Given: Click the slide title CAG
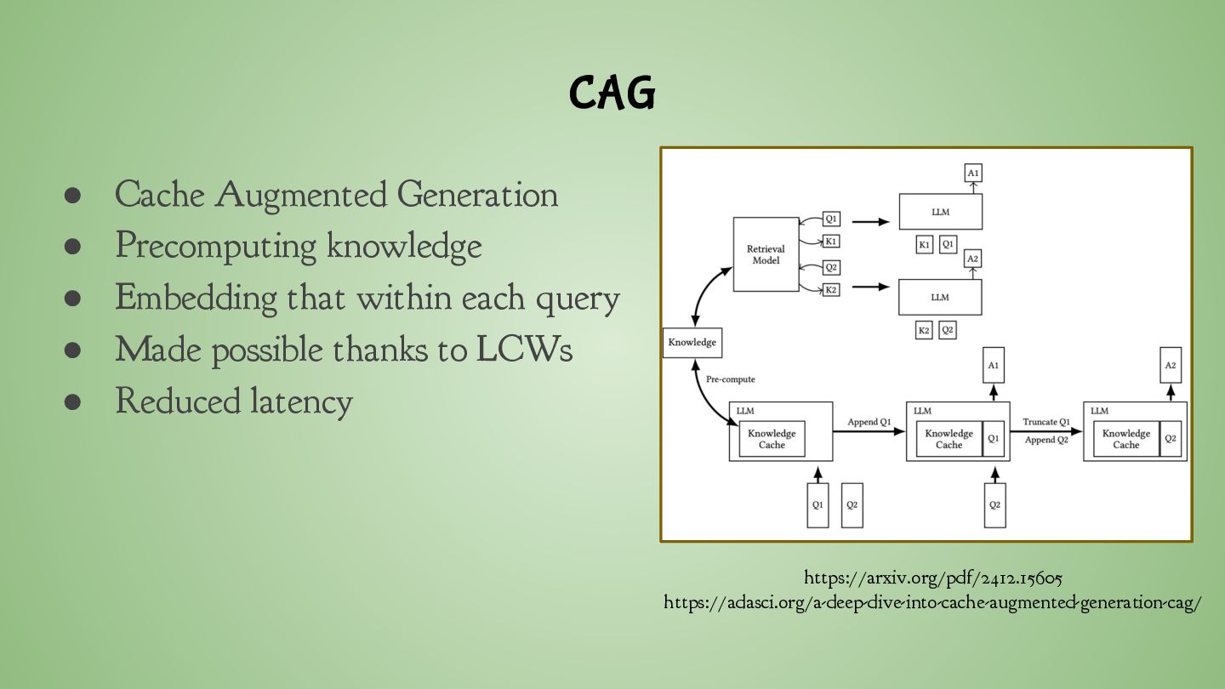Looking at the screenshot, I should [x=612, y=93].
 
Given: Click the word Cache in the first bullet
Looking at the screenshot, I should [x=159, y=195].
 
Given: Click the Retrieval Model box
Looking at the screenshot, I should [x=766, y=254].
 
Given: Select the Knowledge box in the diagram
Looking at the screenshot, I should [x=692, y=343].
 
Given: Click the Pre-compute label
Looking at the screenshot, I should [x=730, y=379].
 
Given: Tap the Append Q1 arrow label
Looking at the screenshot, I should [x=869, y=422].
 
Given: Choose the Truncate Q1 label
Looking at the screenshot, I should [x=1046, y=422].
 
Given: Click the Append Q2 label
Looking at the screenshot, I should [x=1046, y=440].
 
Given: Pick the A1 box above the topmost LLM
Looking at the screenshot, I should [x=973, y=173].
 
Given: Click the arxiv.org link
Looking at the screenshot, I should [x=932, y=578].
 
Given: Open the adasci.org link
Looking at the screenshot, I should [x=932, y=603].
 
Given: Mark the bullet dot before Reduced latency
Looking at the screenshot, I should [x=72, y=401].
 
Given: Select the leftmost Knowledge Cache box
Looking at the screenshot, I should [x=772, y=439].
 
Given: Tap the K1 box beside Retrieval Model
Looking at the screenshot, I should [x=831, y=242].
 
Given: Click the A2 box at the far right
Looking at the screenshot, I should [x=1171, y=365].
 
